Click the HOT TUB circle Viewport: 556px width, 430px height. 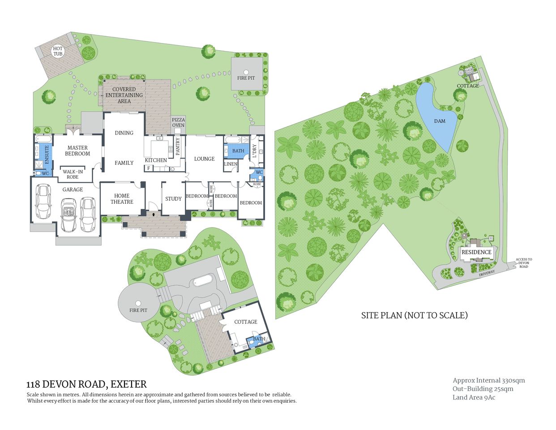tap(58, 51)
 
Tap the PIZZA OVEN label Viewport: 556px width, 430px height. tap(178, 122)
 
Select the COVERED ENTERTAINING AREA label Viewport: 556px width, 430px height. tap(124, 95)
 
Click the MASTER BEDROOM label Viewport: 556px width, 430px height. tap(77, 150)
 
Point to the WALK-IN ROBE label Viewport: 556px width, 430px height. tap(73, 174)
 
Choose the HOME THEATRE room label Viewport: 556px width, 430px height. tap(122, 199)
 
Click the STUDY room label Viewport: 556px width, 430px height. tap(173, 199)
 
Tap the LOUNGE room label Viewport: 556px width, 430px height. tap(204, 159)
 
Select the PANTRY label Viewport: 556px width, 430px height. tap(178, 146)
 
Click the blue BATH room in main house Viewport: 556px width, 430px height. tap(238, 151)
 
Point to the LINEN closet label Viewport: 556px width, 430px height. tap(231, 164)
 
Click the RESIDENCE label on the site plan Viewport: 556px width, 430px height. tap(476, 252)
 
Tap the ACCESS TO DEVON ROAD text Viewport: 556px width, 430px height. tap(524, 263)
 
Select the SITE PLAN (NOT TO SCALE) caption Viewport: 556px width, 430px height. tap(414, 315)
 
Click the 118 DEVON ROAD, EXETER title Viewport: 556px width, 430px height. tap(86, 384)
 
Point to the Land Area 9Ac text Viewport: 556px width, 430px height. tap(474, 397)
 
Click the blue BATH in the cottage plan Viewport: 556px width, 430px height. tap(259, 339)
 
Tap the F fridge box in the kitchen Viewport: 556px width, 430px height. tap(148, 168)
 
